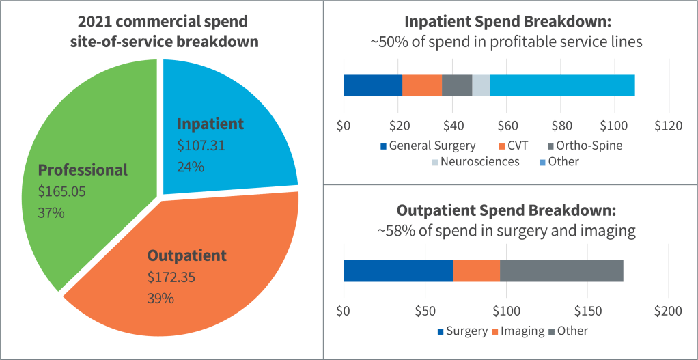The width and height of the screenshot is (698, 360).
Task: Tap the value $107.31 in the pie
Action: point(201,146)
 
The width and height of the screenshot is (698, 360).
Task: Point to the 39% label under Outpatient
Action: point(161,299)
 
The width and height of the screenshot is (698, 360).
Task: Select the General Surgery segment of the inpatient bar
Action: point(373,85)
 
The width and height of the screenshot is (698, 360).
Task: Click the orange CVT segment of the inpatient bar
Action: point(422,85)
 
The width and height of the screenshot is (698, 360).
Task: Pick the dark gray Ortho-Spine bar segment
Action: point(457,85)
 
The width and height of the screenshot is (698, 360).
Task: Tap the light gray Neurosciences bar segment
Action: point(481,85)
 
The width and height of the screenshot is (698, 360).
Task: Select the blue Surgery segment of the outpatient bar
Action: point(398,271)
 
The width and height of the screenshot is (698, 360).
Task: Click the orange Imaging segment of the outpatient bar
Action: point(477,271)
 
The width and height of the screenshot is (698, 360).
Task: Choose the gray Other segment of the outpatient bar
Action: point(561,271)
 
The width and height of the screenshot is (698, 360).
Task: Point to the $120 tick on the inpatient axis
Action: point(668,126)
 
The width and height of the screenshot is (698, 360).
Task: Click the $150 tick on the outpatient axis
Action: point(587,311)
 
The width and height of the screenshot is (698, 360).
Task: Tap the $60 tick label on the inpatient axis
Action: point(506,126)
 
